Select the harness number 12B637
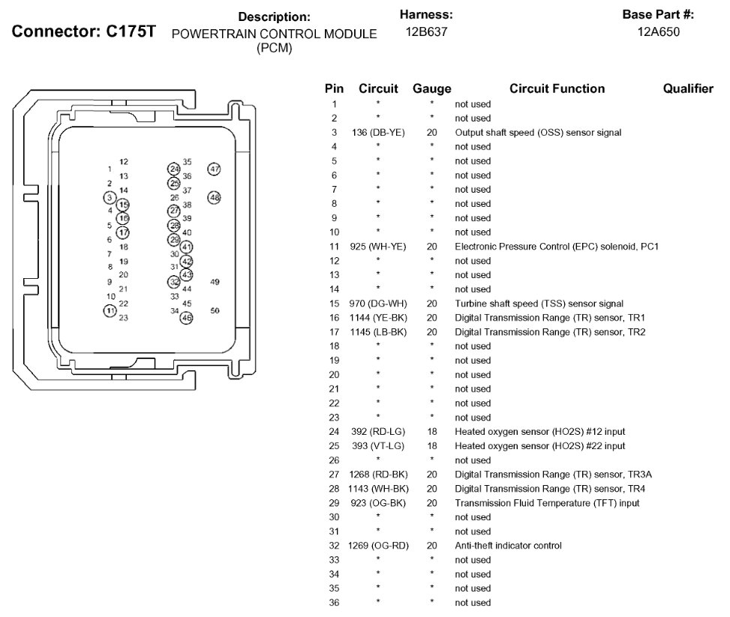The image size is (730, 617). click(426, 32)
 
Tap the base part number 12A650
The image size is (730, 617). click(658, 32)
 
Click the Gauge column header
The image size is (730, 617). click(432, 88)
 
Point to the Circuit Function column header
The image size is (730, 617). click(557, 88)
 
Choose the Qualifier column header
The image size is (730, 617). click(688, 88)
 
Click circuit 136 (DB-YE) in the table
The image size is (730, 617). click(378, 133)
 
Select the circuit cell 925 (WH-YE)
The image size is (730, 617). click(378, 247)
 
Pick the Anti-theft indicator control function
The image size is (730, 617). click(508, 546)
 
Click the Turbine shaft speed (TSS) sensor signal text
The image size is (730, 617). click(539, 304)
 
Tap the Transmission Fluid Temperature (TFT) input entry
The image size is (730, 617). click(547, 503)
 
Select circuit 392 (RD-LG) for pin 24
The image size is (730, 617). click(378, 432)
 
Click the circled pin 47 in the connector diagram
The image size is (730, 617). click(215, 169)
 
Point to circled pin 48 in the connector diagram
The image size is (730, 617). click(215, 198)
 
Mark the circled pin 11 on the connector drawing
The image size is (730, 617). click(110, 310)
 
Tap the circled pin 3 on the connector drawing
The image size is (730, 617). click(110, 197)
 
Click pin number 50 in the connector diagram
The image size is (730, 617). click(215, 310)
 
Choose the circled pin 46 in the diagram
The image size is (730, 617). click(187, 318)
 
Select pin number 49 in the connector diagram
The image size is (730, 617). click(215, 282)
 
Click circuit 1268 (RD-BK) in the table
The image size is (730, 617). click(378, 475)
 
